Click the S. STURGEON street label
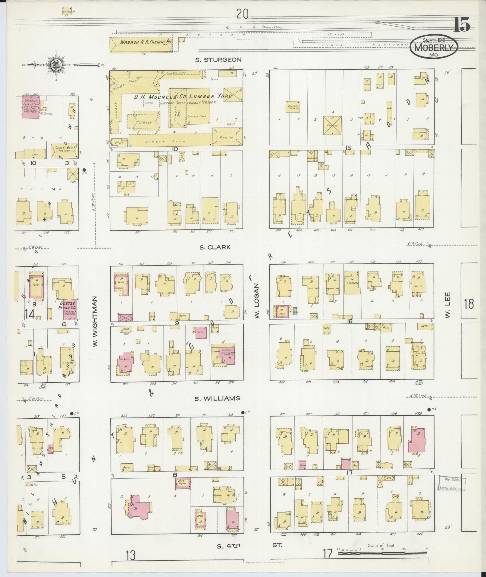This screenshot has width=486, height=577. (218, 60)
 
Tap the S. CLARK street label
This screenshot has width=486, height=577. (215, 247)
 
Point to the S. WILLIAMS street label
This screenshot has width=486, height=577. (217, 398)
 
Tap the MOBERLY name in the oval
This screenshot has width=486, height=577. (434, 48)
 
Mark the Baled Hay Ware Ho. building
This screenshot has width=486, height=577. (292, 106)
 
